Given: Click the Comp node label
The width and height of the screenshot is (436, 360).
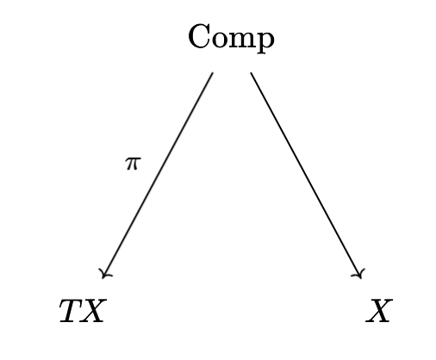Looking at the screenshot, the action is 231,39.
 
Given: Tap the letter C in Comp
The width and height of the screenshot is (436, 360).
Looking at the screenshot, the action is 199,36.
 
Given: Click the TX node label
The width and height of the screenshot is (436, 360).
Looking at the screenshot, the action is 83,311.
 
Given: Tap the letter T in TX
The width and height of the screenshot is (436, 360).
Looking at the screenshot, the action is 72,311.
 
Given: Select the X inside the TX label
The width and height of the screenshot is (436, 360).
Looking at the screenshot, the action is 92,311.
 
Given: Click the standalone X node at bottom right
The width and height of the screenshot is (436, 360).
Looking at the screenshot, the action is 379,311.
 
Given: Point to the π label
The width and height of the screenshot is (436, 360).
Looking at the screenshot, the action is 133,164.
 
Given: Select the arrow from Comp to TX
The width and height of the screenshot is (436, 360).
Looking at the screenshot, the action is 158,175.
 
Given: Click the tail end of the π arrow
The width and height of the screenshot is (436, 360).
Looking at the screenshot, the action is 213,72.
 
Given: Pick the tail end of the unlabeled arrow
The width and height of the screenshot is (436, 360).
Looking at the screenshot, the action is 251,72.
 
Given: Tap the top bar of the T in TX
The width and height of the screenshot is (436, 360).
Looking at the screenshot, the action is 73,301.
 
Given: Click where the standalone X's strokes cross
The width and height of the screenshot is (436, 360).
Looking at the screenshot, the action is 379,311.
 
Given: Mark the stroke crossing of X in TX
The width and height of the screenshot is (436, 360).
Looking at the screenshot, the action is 92,311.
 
